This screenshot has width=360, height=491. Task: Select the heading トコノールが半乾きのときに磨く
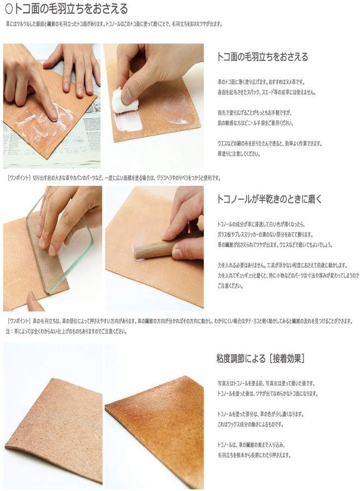[269, 199]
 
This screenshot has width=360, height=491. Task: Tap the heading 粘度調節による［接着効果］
[260, 358]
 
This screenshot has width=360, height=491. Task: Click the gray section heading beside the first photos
[262, 57]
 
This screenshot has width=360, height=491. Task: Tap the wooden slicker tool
[158, 248]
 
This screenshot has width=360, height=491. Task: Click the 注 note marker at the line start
[8, 331]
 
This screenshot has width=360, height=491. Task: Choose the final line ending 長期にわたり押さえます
[254, 455]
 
